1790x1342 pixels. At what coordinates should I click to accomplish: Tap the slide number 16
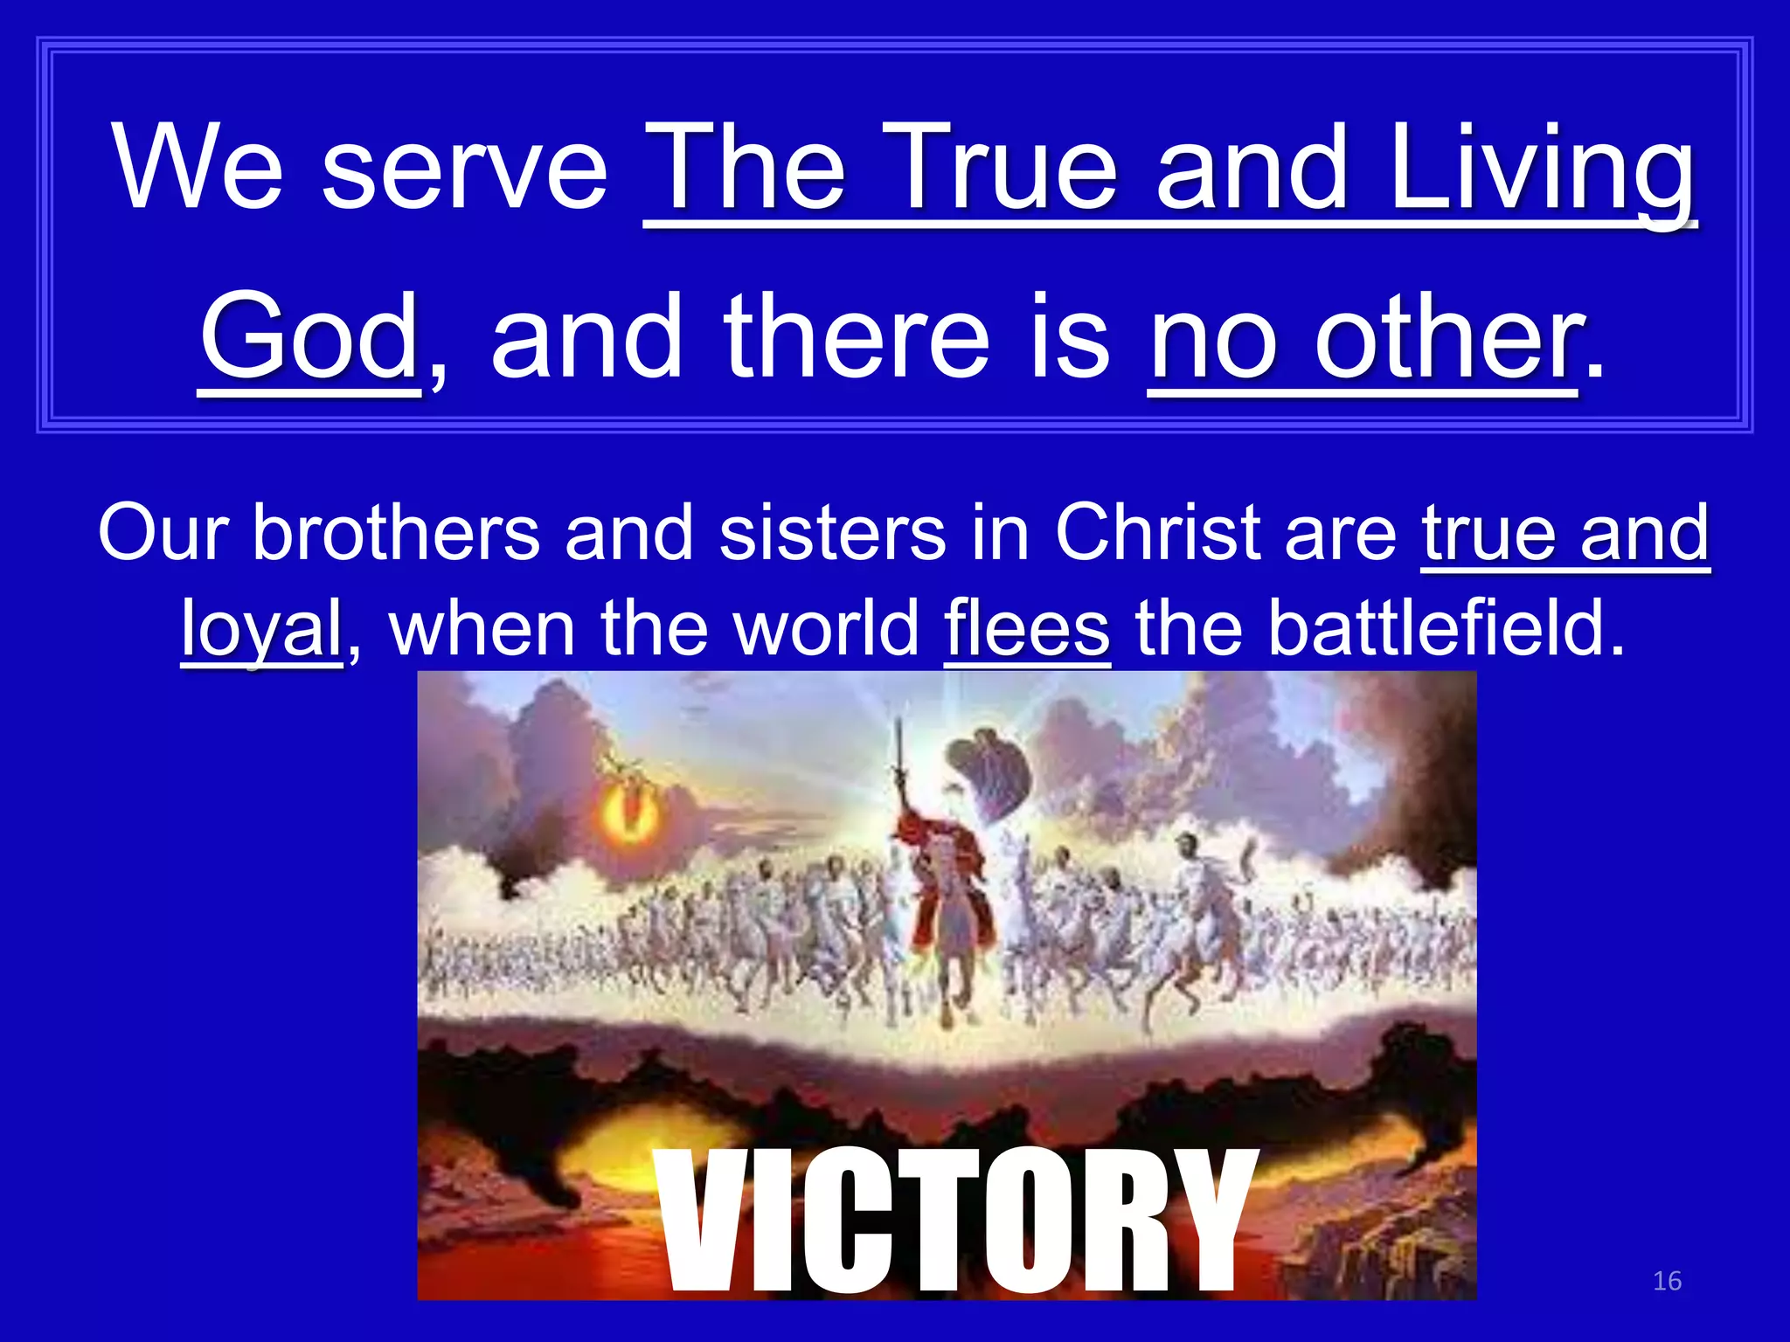(x=1667, y=1281)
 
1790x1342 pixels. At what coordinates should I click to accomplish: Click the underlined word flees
(x=1027, y=628)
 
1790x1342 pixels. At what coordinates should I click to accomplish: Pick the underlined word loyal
(x=261, y=630)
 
